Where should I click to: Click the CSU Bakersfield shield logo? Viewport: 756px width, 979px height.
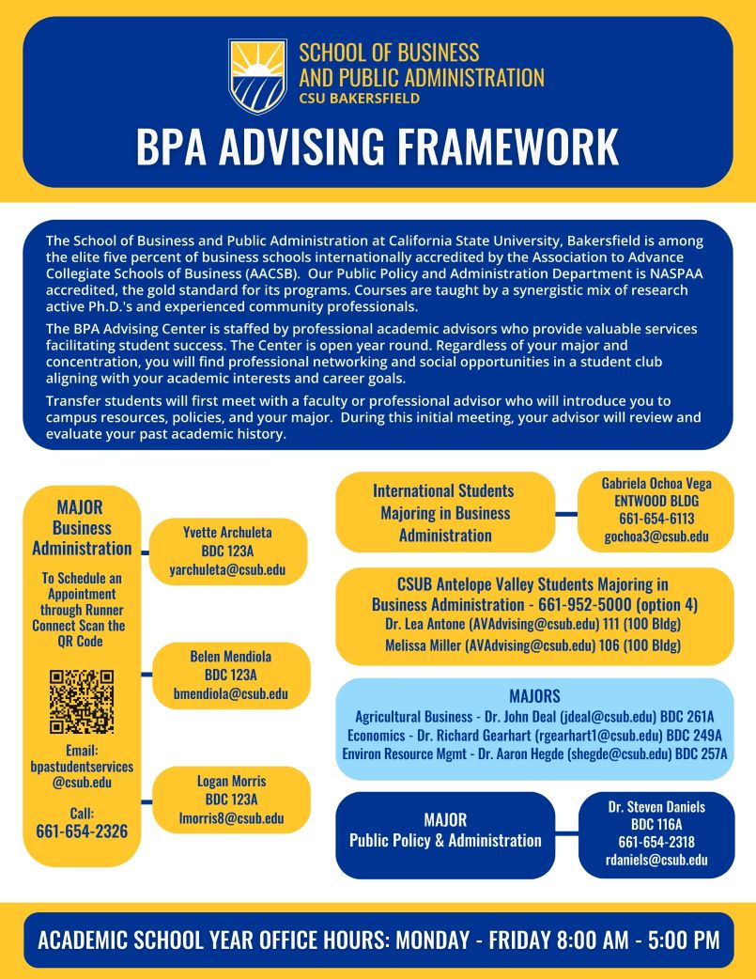pos(257,75)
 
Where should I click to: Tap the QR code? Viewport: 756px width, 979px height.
pos(82,701)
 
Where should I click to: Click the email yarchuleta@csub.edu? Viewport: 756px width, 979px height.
pos(227,569)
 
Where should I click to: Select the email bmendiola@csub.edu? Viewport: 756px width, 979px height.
pos(230,694)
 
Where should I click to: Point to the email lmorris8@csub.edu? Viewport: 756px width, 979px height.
pos(231,818)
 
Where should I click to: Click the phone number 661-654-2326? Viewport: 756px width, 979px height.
pos(82,831)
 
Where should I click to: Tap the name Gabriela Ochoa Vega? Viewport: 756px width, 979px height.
pos(656,483)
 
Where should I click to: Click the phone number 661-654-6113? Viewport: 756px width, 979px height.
pos(656,519)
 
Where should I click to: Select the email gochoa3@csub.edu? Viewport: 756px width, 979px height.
pos(656,536)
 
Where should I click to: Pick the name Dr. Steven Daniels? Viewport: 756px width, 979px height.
pos(656,806)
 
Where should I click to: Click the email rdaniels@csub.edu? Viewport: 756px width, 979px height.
pos(656,860)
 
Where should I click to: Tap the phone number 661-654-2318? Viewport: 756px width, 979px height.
pos(656,842)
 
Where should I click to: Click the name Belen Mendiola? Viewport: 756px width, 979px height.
pos(230,657)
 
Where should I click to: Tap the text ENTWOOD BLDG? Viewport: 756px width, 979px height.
pos(656,501)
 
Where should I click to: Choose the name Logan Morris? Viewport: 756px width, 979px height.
pos(231,781)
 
